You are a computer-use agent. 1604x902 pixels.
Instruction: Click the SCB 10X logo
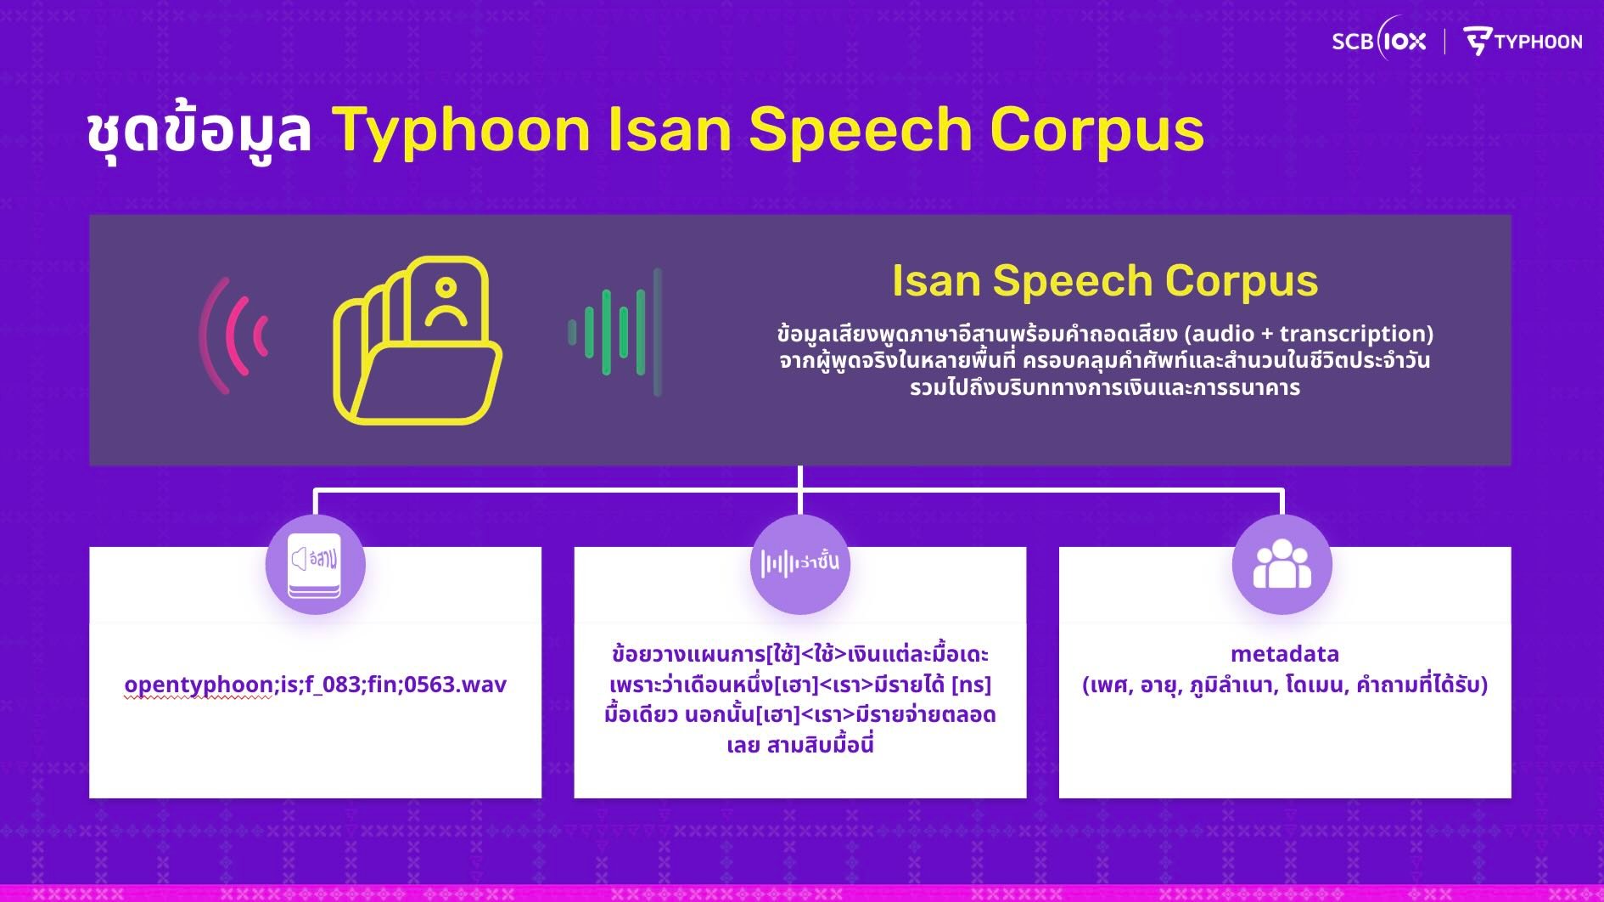[1379, 40]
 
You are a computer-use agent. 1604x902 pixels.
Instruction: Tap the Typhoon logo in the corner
[1523, 41]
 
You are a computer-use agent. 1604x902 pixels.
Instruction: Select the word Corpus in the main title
[1096, 130]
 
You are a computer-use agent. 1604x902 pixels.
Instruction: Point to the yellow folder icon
[417, 340]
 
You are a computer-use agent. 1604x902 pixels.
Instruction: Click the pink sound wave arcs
[234, 335]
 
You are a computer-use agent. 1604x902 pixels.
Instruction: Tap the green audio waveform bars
[615, 333]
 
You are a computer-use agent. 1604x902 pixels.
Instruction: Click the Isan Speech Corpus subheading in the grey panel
[1104, 280]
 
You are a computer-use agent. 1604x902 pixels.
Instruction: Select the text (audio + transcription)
[1309, 334]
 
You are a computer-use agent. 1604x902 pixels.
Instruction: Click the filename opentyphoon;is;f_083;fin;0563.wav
[315, 685]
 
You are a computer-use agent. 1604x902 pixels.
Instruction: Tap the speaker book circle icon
[316, 564]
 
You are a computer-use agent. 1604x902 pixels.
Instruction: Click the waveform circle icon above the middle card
[800, 564]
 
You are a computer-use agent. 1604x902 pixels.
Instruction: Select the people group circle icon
[1282, 564]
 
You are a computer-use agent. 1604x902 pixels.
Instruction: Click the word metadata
[1285, 654]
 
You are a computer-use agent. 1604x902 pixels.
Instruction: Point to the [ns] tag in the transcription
[971, 685]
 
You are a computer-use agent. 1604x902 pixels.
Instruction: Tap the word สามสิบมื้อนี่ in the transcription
[820, 746]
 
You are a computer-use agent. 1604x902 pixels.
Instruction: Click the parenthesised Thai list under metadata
[1285, 685]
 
